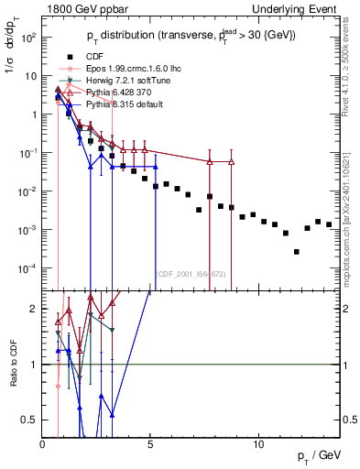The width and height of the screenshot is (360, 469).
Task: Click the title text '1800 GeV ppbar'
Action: click(76, 6)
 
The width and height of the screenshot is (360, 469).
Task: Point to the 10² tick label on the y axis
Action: click(27, 38)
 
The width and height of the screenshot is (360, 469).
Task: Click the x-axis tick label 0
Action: click(43, 444)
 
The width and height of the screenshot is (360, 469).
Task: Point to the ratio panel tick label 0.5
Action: click(31, 420)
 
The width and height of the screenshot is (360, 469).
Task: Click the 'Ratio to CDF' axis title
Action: click(12, 365)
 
